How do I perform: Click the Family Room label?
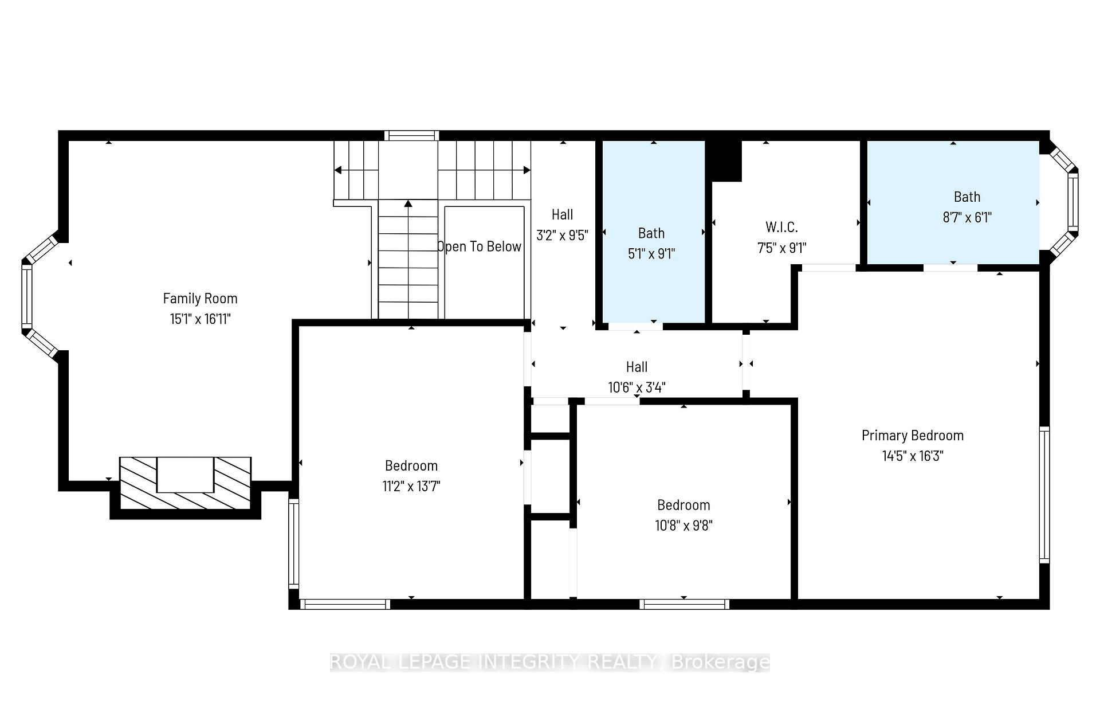click(x=200, y=298)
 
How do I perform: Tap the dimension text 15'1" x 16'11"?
click(x=200, y=319)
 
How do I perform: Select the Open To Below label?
click(x=480, y=246)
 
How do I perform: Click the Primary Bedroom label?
click(x=913, y=436)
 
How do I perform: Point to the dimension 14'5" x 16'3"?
click(x=913, y=456)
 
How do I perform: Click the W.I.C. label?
click(x=781, y=227)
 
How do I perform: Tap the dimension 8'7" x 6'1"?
click(x=967, y=217)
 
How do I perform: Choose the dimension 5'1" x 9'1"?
click(x=651, y=253)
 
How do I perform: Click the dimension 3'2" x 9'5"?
click(x=562, y=235)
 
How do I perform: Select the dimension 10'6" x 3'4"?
click(x=637, y=387)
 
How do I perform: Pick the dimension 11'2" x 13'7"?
click(x=411, y=486)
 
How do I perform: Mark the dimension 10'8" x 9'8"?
click(x=683, y=525)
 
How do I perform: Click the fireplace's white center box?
click(x=185, y=475)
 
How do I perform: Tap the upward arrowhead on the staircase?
click(x=408, y=203)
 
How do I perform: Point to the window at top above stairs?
click(x=411, y=136)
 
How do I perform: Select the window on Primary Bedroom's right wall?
click(x=1044, y=495)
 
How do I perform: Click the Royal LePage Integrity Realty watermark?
click(x=550, y=663)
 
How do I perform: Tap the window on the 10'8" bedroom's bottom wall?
click(x=684, y=604)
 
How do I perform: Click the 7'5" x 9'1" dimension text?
click(x=781, y=248)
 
